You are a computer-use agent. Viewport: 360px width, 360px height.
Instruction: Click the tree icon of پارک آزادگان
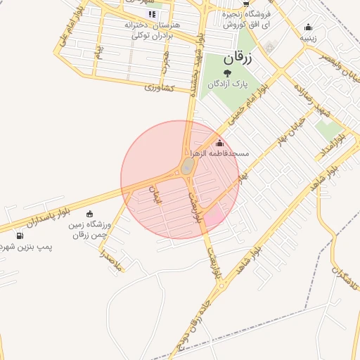tap(226, 73)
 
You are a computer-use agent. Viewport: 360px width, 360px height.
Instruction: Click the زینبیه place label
tap(308, 39)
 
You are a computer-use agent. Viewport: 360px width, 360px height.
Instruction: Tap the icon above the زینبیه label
tap(308, 29)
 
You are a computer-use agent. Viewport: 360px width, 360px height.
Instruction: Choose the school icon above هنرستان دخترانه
tap(151, 14)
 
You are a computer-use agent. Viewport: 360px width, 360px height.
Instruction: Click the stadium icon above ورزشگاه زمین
tap(89, 214)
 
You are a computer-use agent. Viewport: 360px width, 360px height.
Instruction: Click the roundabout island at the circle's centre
tap(187, 167)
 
